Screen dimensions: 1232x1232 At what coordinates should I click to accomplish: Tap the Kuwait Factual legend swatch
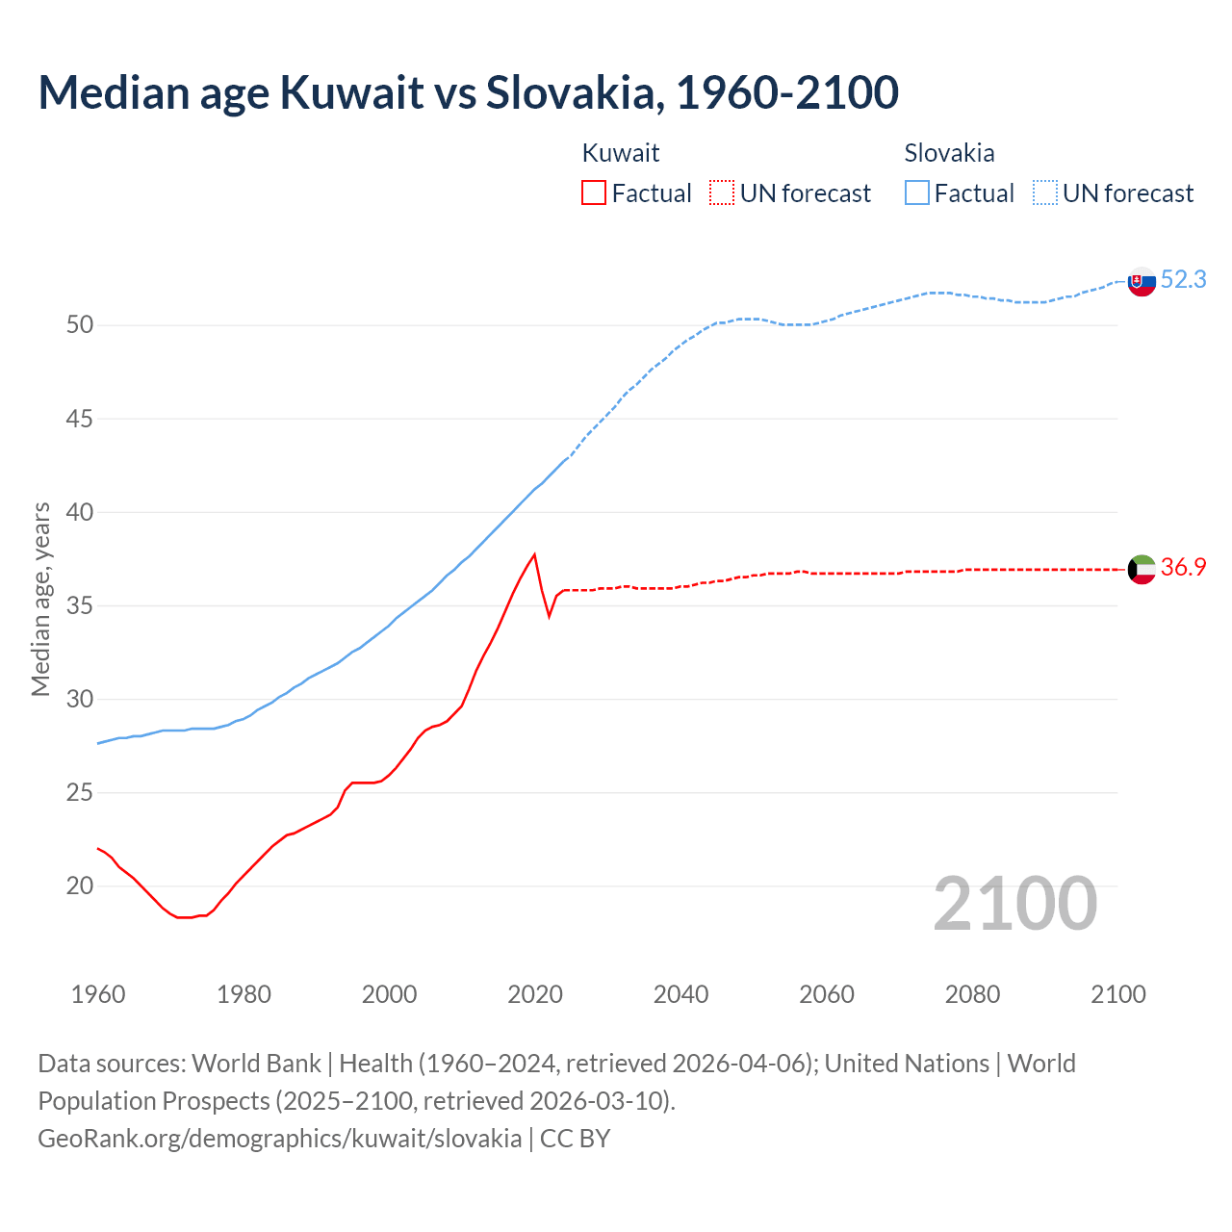pyautogui.click(x=594, y=192)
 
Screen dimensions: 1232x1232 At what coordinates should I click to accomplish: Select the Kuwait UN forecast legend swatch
pyautogui.click(x=722, y=192)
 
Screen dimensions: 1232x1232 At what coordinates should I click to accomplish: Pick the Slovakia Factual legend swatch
pyautogui.click(x=916, y=192)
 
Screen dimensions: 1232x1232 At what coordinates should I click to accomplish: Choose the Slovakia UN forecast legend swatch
pyautogui.click(x=1045, y=192)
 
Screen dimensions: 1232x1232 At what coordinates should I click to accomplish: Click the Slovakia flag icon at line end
pyautogui.click(x=1142, y=282)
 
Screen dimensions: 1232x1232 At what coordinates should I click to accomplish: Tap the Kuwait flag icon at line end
pyautogui.click(x=1142, y=569)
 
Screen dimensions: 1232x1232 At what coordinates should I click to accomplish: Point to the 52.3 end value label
pyautogui.click(x=1183, y=279)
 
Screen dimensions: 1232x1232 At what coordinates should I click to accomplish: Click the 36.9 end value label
pyautogui.click(x=1183, y=567)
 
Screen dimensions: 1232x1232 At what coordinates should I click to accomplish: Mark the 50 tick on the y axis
pyautogui.click(x=80, y=325)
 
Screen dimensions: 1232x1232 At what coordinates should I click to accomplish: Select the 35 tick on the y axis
pyautogui.click(x=80, y=606)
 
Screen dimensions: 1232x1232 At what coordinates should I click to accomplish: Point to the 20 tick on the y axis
pyautogui.click(x=80, y=886)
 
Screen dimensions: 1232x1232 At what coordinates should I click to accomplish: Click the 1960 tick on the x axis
pyautogui.click(x=98, y=994)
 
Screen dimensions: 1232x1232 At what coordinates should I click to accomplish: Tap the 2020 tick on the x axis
pyautogui.click(x=535, y=994)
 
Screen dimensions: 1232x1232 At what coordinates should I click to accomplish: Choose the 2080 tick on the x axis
pyautogui.click(x=972, y=994)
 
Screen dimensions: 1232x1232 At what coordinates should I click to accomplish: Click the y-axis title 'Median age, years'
pyautogui.click(x=40, y=599)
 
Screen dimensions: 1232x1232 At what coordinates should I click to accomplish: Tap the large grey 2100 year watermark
pyautogui.click(x=1014, y=903)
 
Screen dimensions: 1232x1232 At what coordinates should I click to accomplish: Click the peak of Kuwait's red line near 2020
pyautogui.click(x=534, y=554)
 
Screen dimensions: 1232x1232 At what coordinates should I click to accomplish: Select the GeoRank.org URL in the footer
pyautogui.click(x=279, y=1139)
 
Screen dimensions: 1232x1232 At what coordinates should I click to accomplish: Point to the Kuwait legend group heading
pyautogui.click(x=621, y=153)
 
